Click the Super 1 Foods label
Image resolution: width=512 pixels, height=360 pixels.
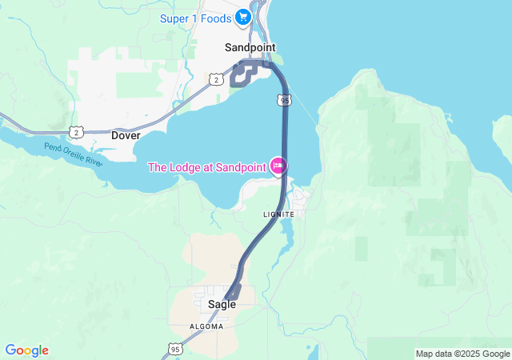(x=194, y=18)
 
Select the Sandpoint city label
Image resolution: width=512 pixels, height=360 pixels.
(x=250, y=47)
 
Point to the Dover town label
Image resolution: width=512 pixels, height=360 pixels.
(x=126, y=135)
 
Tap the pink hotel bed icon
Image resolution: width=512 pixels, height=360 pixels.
(x=278, y=166)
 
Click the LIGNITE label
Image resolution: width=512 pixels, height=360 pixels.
(x=278, y=214)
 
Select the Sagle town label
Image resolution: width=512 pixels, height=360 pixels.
(x=222, y=304)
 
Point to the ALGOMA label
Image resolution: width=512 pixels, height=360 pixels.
(x=206, y=326)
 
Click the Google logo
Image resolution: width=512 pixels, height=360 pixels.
(x=26, y=350)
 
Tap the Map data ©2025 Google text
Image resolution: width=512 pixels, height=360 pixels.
(x=462, y=354)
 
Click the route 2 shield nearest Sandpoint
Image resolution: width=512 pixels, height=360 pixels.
(x=215, y=79)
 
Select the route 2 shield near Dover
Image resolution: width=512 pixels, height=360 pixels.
(x=74, y=131)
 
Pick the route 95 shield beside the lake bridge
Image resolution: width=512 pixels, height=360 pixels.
(x=285, y=100)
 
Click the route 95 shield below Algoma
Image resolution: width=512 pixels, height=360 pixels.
(x=176, y=349)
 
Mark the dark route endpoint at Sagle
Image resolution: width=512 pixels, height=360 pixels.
(x=232, y=294)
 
